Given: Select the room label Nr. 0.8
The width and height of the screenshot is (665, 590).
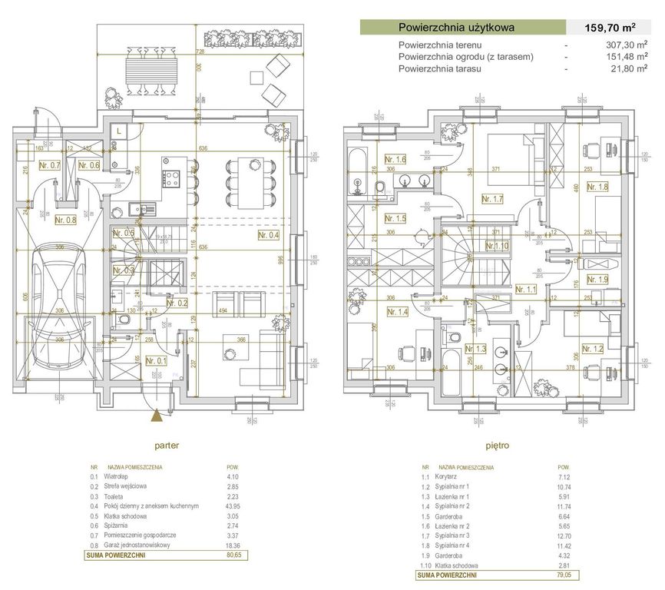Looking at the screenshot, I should click(67, 219).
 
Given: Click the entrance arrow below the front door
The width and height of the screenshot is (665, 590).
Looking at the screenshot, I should click(157, 416).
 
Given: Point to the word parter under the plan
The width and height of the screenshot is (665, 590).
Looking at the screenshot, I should click(167, 444).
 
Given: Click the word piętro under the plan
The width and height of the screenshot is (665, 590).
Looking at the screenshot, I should click(498, 444).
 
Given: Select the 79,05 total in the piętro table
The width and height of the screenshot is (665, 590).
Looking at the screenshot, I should click(564, 574).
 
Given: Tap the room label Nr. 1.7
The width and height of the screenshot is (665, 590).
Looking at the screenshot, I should click(491, 199).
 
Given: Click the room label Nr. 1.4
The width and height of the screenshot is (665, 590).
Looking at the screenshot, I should click(397, 312).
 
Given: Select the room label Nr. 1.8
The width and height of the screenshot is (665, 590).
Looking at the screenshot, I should click(597, 186).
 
